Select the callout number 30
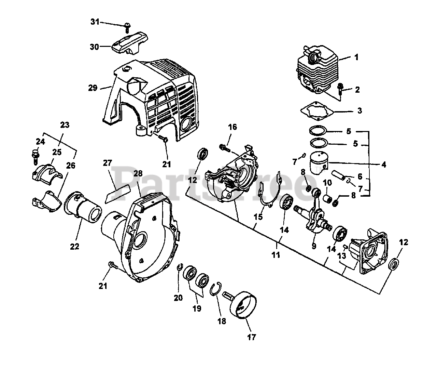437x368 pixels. click(x=95, y=47)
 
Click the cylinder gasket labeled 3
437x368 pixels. click(x=317, y=110)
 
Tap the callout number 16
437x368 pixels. click(x=232, y=127)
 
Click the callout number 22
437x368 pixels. click(x=75, y=246)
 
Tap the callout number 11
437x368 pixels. click(x=276, y=254)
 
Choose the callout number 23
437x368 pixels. click(x=65, y=125)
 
